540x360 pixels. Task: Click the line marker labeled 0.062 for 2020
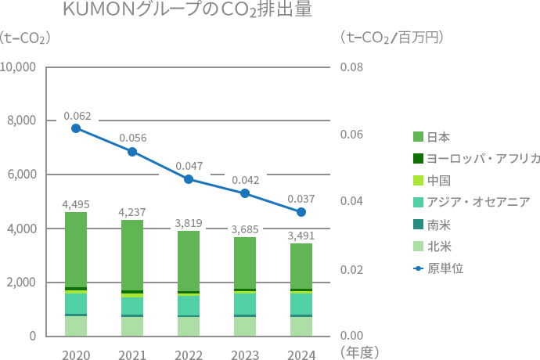(76, 128)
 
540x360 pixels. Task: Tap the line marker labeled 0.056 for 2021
(132, 152)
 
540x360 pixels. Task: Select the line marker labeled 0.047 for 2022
(189, 179)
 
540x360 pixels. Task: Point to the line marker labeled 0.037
(301, 212)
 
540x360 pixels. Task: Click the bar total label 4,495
(76, 204)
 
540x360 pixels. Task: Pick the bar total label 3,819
(189, 223)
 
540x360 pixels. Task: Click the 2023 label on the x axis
(245, 355)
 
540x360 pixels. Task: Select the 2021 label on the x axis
(132, 355)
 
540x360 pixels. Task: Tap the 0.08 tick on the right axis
(351, 67)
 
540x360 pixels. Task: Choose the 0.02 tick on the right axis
(351, 270)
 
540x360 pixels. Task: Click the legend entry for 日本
(438, 137)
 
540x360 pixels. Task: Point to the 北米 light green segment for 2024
(301, 326)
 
